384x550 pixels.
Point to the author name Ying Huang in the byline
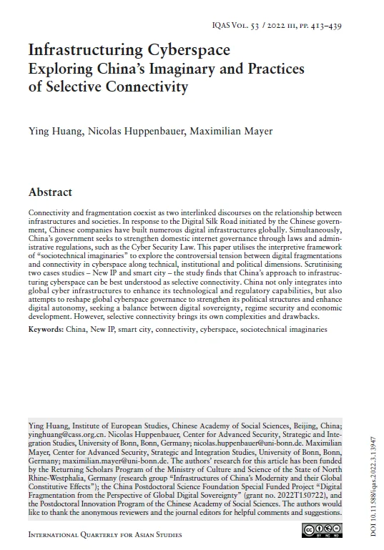tap(54, 131)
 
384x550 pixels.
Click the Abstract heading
tap(50, 192)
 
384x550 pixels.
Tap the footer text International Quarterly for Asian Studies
tap(105, 534)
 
